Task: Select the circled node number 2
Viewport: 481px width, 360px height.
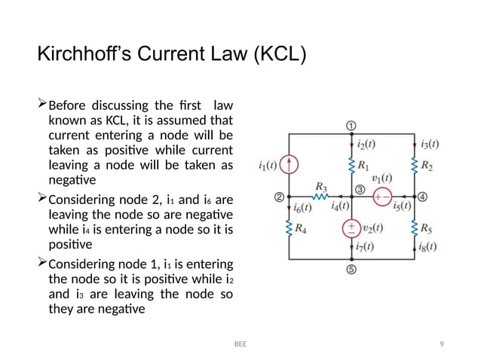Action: pos(279,197)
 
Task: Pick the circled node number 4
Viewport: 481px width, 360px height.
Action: pos(422,197)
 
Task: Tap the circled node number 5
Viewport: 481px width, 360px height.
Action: pos(351,270)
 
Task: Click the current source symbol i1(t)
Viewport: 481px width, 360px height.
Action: pos(290,164)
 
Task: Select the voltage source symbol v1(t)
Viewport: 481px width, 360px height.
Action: pos(383,197)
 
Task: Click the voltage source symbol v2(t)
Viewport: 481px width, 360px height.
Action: pos(351,228)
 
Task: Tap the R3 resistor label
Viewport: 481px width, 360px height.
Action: pos(320,185)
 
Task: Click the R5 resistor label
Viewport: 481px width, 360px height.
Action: pos(427,228)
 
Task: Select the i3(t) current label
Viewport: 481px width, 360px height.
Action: pos(430,144)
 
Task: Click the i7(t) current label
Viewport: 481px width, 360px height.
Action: pos(365,246)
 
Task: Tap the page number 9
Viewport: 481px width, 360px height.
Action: pos(442,344)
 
